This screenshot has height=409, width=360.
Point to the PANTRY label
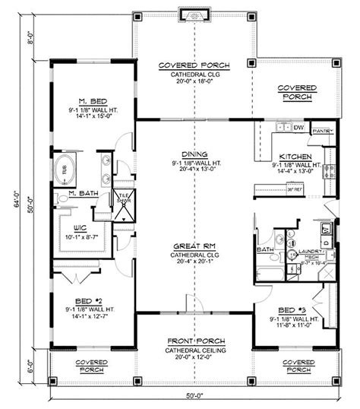point(322,130)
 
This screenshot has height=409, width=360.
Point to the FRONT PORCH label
point(195,341)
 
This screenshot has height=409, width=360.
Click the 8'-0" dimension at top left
point(31,39)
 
